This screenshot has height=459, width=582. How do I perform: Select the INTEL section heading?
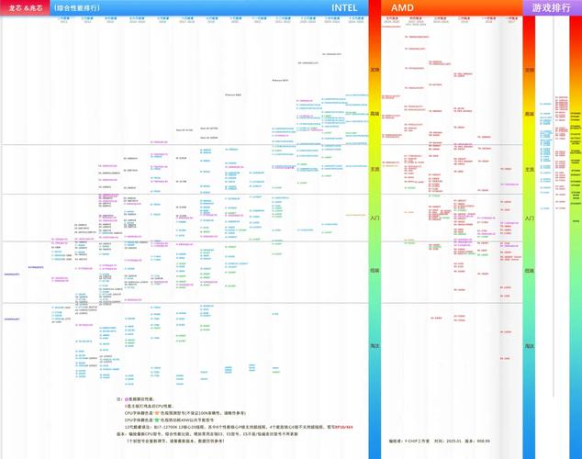(x=345, y=7)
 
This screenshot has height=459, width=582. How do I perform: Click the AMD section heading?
(x=402, y=7)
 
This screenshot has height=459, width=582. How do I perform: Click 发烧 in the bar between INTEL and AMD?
(x=375, y=70)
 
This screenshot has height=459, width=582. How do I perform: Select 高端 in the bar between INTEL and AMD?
(x=375, y=114)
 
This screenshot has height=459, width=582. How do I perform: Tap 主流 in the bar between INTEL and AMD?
(x=375, y=170)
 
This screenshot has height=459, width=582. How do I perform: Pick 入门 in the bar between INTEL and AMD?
(x=375, y=218)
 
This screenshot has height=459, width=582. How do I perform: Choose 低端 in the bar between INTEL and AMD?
(x=375, y=271)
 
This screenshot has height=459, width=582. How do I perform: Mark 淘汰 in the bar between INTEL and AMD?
(x=375, y=345)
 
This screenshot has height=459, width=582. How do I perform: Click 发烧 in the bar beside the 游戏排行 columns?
(x=529, y=70)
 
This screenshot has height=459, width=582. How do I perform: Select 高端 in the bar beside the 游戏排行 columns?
(x=529, y=114)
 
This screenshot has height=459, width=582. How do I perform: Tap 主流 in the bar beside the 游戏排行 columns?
(x=529, y=170)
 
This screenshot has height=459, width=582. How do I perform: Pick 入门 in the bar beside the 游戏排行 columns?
(x=529, y=218)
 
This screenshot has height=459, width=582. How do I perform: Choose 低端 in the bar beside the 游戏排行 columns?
(x=529, y=271)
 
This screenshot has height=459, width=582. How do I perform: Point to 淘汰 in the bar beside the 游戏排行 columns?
(x=529, y=345)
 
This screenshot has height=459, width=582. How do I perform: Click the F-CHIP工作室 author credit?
(x=409, y=441)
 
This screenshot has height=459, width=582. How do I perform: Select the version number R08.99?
(x=495, y=441)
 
